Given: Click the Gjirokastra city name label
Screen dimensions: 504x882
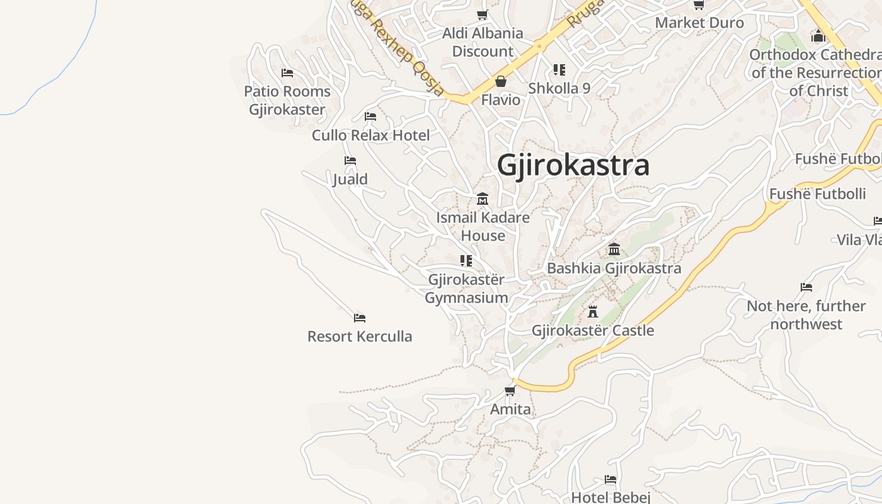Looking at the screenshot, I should tap(573, 165).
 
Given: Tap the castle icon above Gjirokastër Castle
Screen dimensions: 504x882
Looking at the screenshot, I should tap(592, 311).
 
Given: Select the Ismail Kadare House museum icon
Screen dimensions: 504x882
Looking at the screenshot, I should tap(483, 199).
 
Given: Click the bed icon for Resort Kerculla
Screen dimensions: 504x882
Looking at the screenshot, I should tap(360, 318).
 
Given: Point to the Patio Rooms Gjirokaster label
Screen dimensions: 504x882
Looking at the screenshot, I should tap(287, 100).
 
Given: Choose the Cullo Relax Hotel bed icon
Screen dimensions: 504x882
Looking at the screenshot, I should tap(370, 117).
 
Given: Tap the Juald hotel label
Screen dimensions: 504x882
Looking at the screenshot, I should tap(350, 180).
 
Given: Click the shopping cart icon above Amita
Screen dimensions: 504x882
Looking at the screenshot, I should tap(510, 391).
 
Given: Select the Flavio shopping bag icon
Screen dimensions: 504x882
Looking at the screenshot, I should tap(501, 81).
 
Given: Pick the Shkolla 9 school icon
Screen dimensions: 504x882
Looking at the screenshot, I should tap(559, 69).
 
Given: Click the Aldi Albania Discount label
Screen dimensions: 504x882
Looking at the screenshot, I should tap(483, 42).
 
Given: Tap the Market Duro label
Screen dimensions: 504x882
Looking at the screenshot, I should tap(699, 23).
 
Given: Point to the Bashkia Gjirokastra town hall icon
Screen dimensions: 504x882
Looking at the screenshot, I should tap(614, 249).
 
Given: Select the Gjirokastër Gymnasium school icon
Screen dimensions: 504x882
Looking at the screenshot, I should tap(466, 260).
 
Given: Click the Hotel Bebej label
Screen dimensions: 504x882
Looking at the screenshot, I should tap(610, 497).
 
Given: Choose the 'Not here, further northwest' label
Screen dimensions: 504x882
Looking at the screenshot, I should tap(806, 315).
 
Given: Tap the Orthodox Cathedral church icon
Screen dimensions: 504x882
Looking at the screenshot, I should tap(818, 36).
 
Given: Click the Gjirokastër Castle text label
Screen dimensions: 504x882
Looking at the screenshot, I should tap(593, 331).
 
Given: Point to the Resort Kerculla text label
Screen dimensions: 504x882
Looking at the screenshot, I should tap(360, 336).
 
